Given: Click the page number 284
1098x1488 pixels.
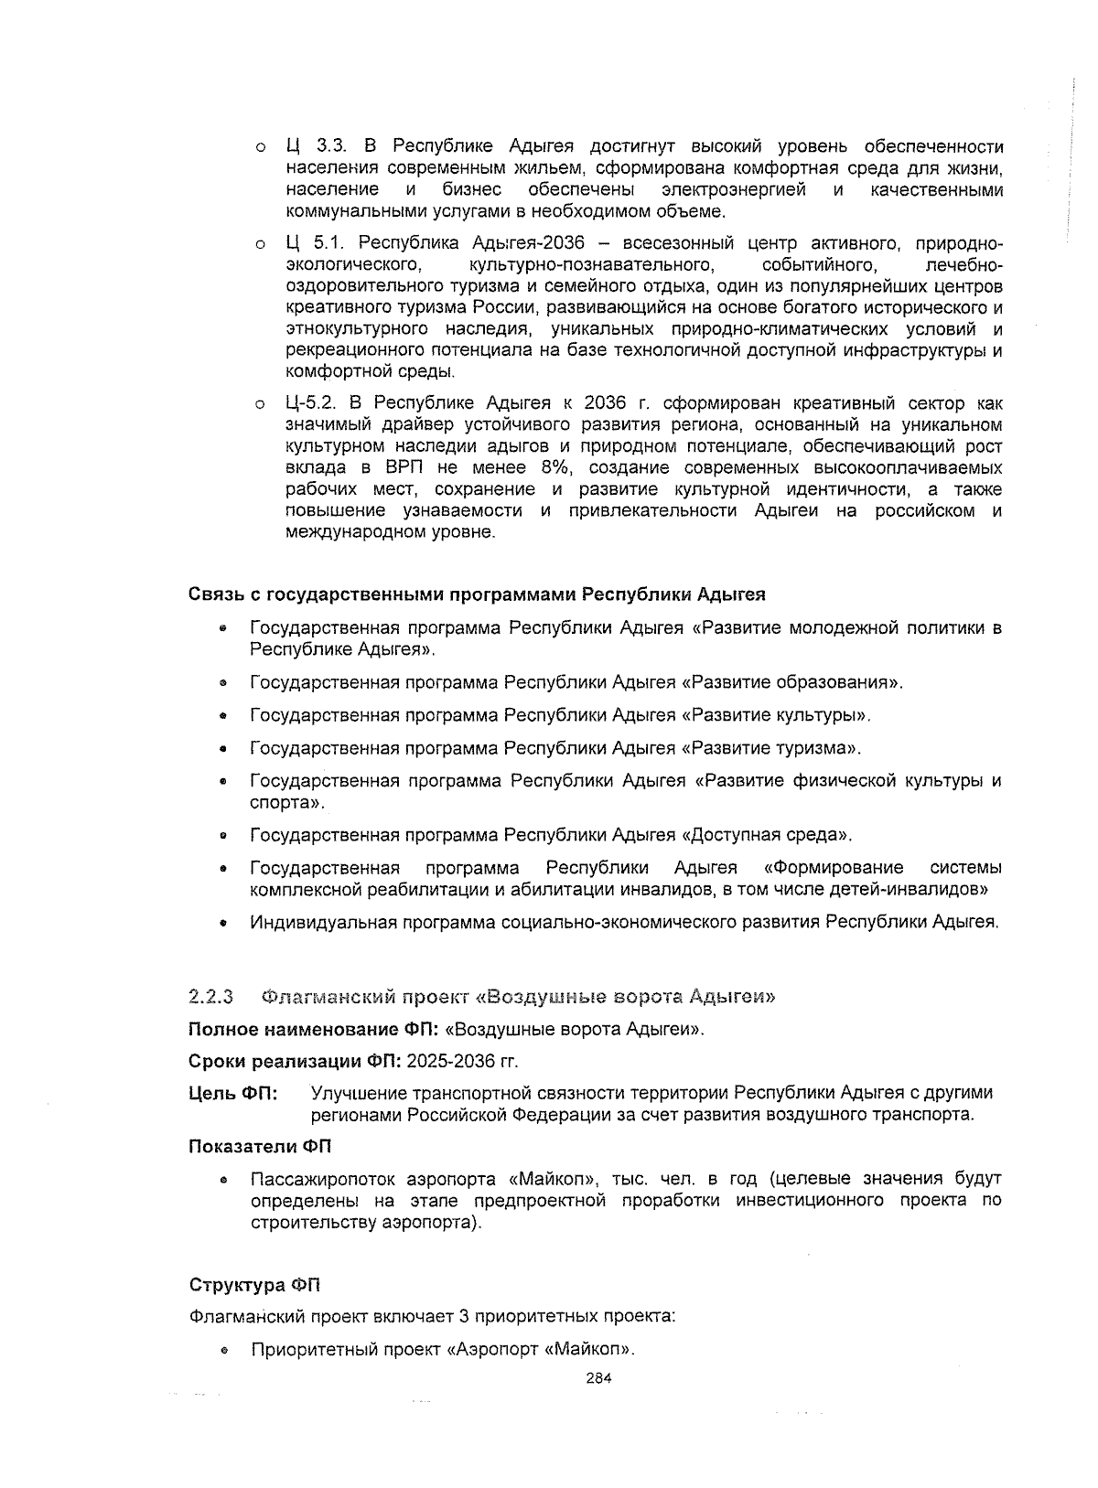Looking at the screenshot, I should [x=598, y=1379].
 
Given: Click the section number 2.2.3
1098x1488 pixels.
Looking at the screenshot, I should [x=211, y=996].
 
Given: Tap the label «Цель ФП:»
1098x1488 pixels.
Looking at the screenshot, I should [x=233, y=1093].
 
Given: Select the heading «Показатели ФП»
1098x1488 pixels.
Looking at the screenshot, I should [x=261, y=1147].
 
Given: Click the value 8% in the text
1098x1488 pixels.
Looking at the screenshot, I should [x=552, y=467].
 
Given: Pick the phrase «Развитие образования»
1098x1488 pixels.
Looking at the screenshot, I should [x=791, y=682].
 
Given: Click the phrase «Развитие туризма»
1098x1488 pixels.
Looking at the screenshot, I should [x=771, y=748].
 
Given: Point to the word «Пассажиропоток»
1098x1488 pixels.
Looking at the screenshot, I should [x=321, y=1178].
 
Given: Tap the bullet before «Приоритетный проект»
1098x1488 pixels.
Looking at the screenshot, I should [x=222, y=1352].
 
